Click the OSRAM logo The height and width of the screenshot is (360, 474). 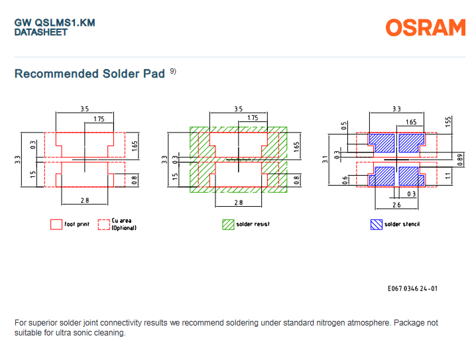pos(426,27)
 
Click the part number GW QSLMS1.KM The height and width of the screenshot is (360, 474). pos(55,23)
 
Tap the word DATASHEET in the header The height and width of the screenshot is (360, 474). pos(41,32)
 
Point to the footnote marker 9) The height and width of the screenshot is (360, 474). pos(174,71)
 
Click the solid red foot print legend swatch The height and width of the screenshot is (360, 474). pos(56,224)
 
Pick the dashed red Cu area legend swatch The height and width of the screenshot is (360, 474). pos(103,224)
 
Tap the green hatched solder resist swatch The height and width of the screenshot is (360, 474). pos(228,224)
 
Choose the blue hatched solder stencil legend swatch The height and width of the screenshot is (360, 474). pos(376,224)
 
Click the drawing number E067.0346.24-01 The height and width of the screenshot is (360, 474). pos(412,288)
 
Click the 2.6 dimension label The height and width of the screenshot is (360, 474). pos(396,206)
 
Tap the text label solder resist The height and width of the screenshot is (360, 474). pos(253,224)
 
